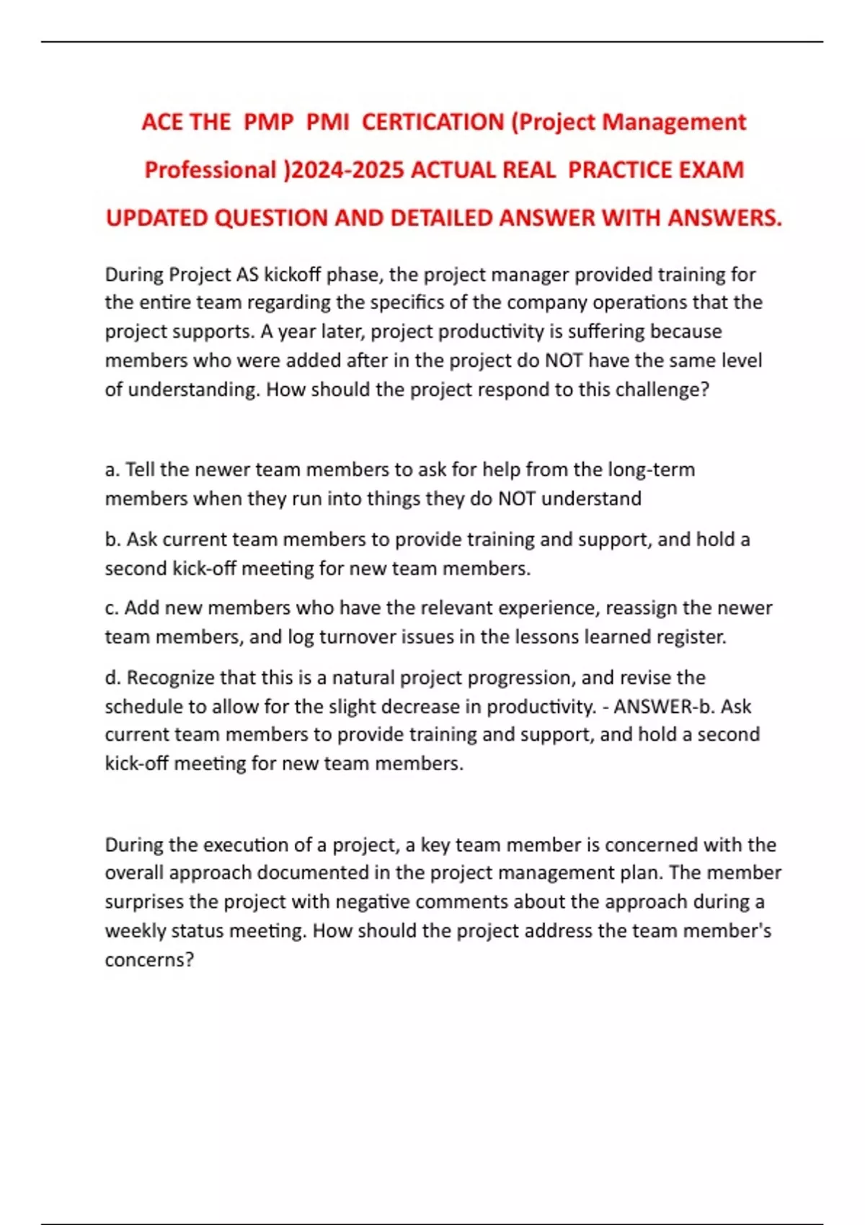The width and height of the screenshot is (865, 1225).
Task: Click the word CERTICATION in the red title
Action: coord(432,122)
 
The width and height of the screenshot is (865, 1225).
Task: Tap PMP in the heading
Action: coord(269,122)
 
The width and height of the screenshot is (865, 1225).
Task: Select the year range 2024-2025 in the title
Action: coord(347,170)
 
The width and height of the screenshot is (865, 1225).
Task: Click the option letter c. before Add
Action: coord(112,608)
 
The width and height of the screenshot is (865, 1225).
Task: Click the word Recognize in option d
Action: coord(170,677)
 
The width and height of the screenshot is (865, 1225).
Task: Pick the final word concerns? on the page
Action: coord(149,960)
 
